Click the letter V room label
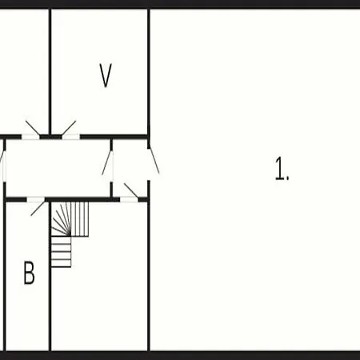click(106, 75)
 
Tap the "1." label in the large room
click(282, 169)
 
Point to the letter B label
click(29, 273)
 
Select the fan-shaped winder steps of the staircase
click(61, 219)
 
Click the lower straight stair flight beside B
click(61, 252)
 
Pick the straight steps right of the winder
click(80, 219)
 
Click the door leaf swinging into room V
click(69, 128)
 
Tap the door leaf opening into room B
click(38, 209)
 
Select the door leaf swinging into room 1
click(154, 161)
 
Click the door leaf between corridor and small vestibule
click(107, 162)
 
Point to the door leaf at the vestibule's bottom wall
click(131, 190)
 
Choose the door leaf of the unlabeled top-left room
click(33, 128)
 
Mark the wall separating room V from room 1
click(149, 73)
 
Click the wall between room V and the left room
click(50, 73)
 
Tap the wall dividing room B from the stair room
click(50, 276)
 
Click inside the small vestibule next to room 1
click(130, 168)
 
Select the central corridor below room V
click(58, 168)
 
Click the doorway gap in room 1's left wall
click(149, 164)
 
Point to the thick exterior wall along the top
click(180, 5)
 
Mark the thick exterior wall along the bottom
click(180, 355)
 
